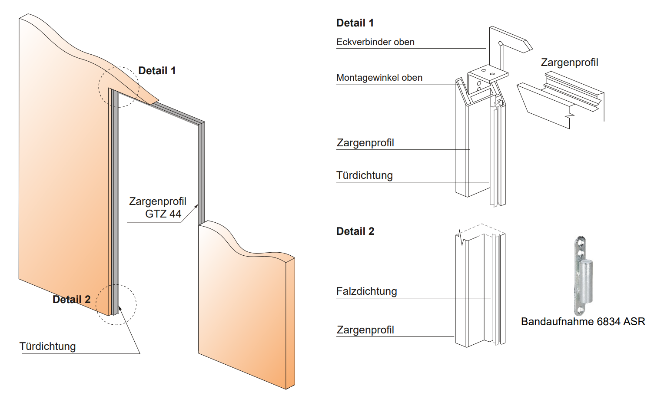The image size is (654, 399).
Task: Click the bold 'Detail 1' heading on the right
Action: tap(355, 23)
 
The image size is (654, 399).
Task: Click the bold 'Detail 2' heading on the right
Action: tap(355, 231)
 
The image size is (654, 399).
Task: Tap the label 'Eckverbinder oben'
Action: tap(375, 42)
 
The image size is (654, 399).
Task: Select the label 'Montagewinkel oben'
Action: tap(379, 78)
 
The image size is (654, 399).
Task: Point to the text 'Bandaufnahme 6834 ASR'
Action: tap(583, 322)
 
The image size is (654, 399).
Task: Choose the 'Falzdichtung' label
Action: tap(366, 291)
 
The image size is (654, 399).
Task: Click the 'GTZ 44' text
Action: tap(163, 214)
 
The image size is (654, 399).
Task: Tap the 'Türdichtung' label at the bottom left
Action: tap(47, 346)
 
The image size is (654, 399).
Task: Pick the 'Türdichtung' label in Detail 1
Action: tap(364, 175)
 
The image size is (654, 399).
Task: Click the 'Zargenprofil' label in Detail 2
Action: tap(365, 330)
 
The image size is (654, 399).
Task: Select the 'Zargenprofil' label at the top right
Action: tap(569, 63)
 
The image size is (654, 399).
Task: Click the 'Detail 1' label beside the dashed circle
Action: tap(157, 71)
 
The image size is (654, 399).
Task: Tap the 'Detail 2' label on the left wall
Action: tap(71, 300)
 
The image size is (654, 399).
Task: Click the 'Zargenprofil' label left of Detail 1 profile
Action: tap(365, 143)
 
